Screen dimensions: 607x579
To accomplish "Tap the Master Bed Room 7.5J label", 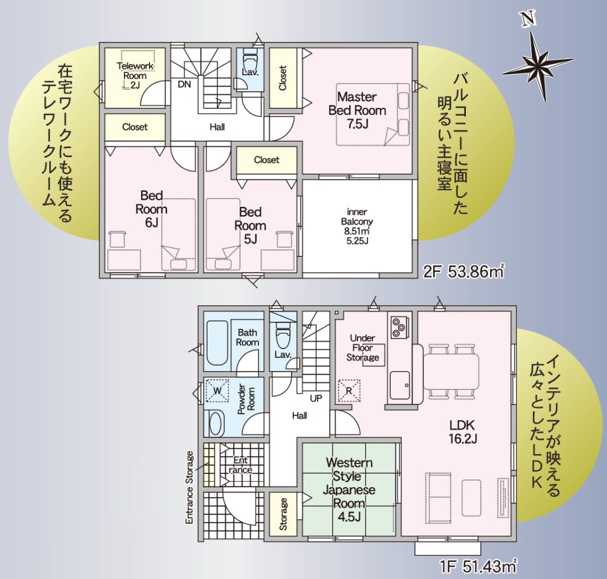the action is pos(357,110).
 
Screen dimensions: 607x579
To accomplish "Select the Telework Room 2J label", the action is pos(135,75).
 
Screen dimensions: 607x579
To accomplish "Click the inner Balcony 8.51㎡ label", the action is pos(357,226).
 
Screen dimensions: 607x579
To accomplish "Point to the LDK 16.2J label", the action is pos(462,432).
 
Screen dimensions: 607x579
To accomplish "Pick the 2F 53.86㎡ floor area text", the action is pos(464,272).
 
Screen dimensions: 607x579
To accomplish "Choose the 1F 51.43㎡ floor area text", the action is pos(478,567).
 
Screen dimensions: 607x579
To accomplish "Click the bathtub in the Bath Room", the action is pos(218,343).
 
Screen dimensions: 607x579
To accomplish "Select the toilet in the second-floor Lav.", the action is pos(250,58).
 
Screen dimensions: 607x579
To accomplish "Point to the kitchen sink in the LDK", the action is pos(400,385).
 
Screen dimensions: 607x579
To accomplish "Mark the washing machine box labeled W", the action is pos(217,391).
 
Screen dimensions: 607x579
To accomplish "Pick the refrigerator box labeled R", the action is pos(349,391).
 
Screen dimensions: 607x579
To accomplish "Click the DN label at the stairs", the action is pos(184,84).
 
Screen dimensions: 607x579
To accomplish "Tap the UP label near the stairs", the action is pos(316,398).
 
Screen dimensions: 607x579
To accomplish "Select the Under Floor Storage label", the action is pos(362,347).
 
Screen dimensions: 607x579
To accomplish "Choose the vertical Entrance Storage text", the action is pos(189,488).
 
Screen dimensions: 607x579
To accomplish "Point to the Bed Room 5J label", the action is pos(251,226).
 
